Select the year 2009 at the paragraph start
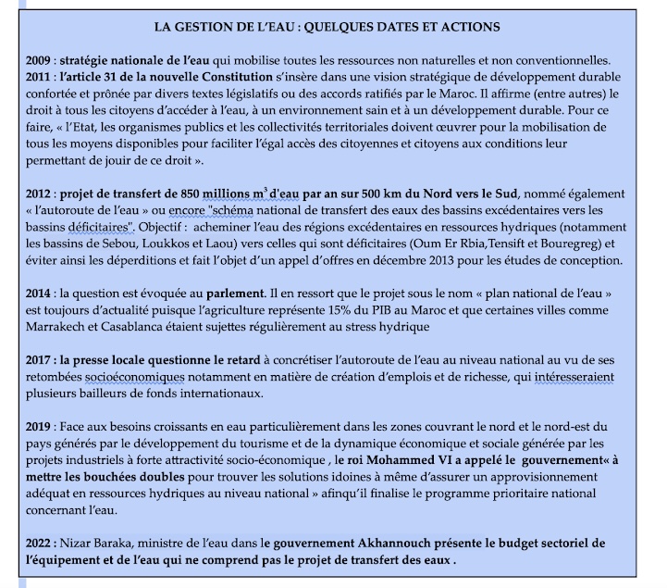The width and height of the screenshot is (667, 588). click(x=42, y=61)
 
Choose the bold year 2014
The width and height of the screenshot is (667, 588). click(x=42, y=294)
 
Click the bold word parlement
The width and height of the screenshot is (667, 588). click(x=237, y=294)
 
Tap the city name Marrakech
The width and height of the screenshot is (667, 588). click(x=66, y=327)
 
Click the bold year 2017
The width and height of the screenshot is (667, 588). click(x=42, y=360)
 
